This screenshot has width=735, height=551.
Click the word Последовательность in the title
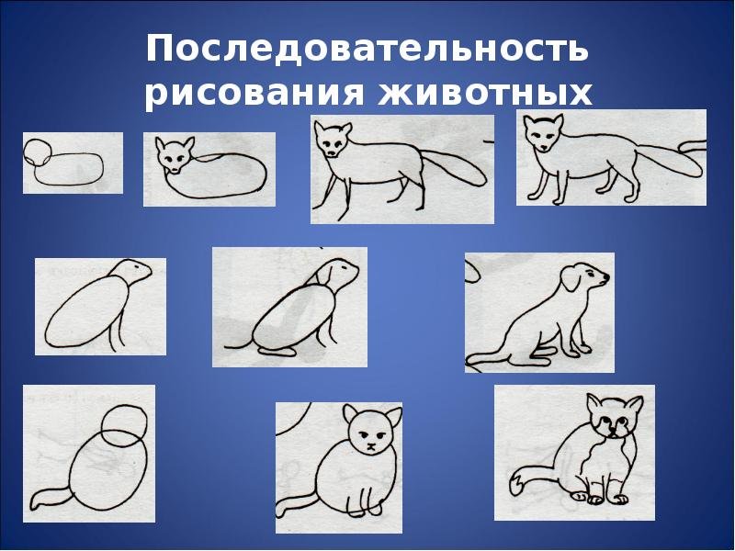point(367,49)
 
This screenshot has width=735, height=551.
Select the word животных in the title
point(485,93)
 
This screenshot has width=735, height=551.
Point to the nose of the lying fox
point(175,170)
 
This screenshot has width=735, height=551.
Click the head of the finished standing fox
point(543,133)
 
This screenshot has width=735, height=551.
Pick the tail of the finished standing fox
point(672,159)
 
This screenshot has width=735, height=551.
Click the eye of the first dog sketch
point(137,267)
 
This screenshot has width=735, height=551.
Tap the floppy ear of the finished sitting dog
point(571,279)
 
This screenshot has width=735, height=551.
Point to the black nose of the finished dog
point(606,277)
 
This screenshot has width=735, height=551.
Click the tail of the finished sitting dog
point(488,358)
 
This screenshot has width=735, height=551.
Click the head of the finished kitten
point(614,417)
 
